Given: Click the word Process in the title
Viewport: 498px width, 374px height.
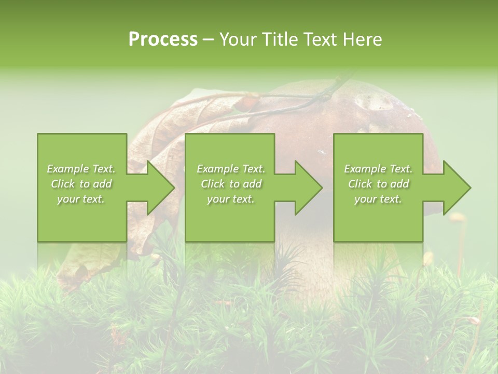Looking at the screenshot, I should coord(163,39).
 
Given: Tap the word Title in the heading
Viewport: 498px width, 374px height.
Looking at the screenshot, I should coord(279,39).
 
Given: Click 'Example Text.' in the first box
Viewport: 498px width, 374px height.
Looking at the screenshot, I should coord(81,169).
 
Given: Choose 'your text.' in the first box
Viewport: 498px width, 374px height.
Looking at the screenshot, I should coord(81,199).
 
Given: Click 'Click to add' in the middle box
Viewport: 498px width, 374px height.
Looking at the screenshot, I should coord(231,184).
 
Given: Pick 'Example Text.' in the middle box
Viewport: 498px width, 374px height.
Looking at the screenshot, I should coord(231,169).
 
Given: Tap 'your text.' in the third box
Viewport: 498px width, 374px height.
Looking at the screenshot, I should coord(378,199).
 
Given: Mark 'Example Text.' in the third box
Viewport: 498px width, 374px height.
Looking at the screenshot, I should coord(378,169).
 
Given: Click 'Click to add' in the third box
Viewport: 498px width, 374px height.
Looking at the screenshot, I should coord(378,184).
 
